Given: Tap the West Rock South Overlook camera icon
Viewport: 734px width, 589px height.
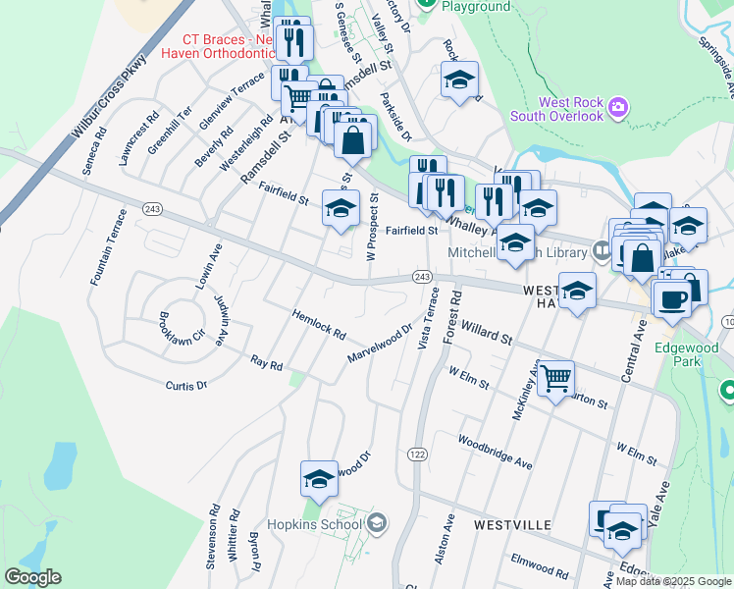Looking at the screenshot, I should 617,106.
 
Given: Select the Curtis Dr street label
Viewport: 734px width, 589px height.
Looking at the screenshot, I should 186,386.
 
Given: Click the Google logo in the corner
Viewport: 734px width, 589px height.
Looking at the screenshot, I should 32,577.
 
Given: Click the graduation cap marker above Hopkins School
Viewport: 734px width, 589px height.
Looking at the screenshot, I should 319,478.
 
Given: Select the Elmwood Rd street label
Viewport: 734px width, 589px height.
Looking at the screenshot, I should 540,565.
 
